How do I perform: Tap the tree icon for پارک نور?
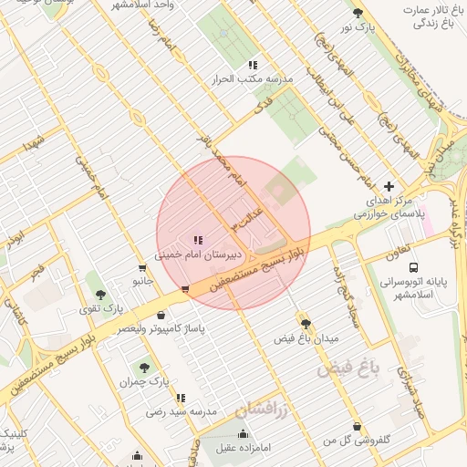(358, 14)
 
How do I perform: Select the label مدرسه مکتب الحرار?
(253, 79)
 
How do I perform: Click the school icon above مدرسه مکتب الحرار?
(253, 65)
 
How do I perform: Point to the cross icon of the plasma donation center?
(389, 185)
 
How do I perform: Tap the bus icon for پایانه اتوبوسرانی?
(414, 268)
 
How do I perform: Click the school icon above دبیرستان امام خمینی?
(197, 241)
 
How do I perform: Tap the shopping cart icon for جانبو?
(140, 268)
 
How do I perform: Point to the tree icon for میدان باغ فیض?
(306, 323)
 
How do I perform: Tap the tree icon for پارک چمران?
(142, 366)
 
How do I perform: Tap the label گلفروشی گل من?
(357, 441)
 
